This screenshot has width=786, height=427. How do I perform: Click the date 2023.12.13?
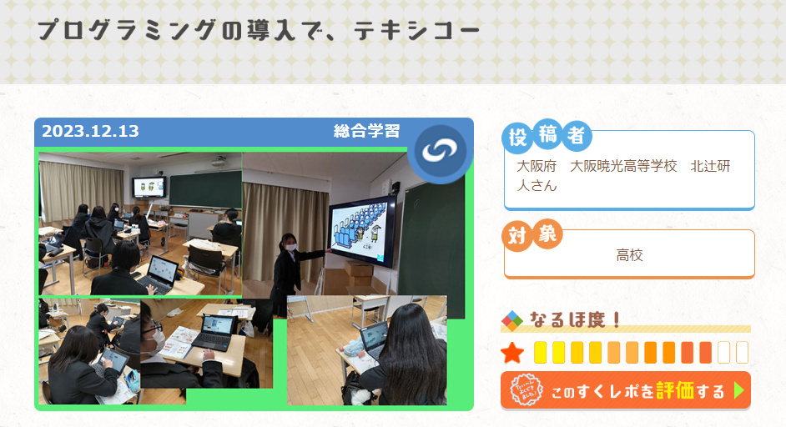tap(90, 131)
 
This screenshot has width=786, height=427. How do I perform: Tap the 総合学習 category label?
tap(367, 131)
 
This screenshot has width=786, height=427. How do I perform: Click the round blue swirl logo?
tap(440, 150)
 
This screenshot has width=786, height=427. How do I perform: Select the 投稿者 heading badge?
tap(547, 135)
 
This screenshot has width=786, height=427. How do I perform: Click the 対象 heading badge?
tap(532, 234)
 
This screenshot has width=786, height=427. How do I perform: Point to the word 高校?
tap(630, 255)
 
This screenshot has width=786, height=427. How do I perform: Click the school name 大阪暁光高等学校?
tap(623, 166)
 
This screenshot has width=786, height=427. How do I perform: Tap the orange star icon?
tap(512, 353)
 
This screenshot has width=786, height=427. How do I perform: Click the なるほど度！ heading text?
tap(576, 319)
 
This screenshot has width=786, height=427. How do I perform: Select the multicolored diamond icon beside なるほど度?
tap(511, 321)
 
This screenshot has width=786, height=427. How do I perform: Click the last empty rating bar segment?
tap(742, 352)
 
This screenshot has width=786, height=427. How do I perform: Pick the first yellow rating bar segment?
tap(540, 352)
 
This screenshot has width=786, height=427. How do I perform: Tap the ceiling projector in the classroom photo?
tap(219, 162)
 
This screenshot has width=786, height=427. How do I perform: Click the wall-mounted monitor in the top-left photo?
tap(149, 187)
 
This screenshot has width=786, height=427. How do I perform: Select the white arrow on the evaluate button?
tap(738, 390)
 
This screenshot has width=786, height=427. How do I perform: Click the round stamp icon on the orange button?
tap(526, 390)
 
